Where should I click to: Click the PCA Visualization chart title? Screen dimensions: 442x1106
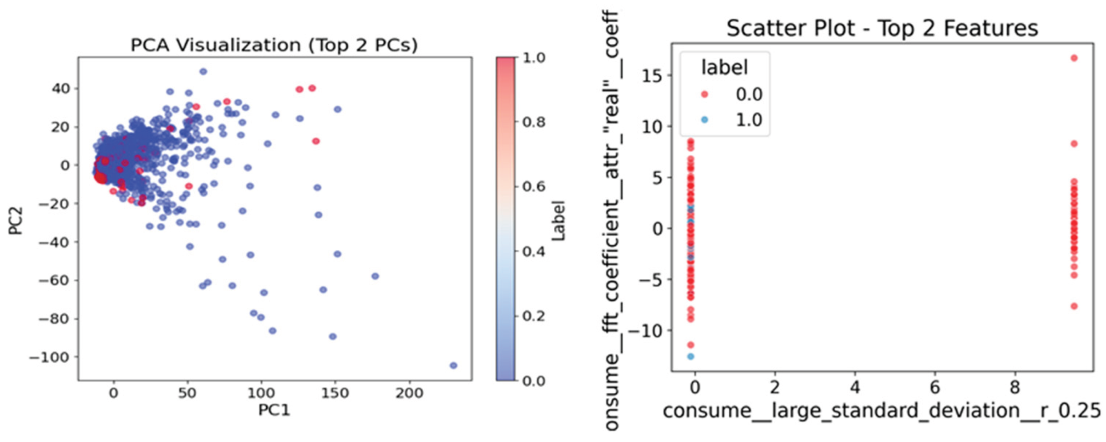click(x=274, y=45)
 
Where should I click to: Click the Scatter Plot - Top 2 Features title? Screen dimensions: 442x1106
click(x=882, y=28)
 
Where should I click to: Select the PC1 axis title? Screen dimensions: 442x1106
click(x=274, y=410)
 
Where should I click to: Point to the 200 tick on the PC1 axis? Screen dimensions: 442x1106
click(x=409, y=393)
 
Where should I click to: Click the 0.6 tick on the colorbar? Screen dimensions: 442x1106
click(x=533, y=186)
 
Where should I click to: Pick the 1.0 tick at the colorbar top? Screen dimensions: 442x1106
click(x=533, y=58)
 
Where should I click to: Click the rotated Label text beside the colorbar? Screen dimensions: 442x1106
click(x=558, y=221)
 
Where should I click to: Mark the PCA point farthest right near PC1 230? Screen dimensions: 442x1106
click(x=453, y=365)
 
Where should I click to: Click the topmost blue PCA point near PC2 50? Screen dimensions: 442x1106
click(x=203, y=72)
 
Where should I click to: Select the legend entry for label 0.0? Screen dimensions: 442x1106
click(x=733, y=94)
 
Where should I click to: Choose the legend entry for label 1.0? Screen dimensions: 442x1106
click(x=733, y=120)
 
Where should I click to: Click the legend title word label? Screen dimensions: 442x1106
click(x=724, y=67)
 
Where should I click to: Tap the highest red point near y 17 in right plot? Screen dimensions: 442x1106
click(x=1074, y=58)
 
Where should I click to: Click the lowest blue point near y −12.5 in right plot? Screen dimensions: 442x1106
click(x=691, y=356)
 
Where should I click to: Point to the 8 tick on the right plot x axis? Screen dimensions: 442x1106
click(x=1015, y=387)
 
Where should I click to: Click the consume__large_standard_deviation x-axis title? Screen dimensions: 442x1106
click(x=881, y=411)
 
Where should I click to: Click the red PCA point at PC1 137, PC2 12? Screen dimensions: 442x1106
click(x=316, y=141)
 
